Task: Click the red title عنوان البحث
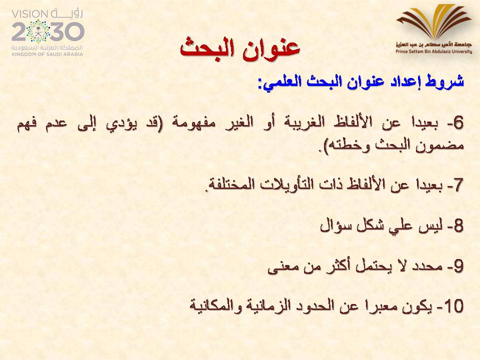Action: click(239, 48)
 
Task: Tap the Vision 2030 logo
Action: click(47, 33)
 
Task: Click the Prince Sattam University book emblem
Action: click(434, 21)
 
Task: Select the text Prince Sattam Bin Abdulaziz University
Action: click(434, 51)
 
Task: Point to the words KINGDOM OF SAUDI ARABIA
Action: click(47, 54)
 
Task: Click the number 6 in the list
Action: click(458, 123)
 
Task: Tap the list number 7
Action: click(458, 185)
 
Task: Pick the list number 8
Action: click(458, 226)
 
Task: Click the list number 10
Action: click(454, 306)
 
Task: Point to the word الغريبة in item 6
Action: click(300, 123)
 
